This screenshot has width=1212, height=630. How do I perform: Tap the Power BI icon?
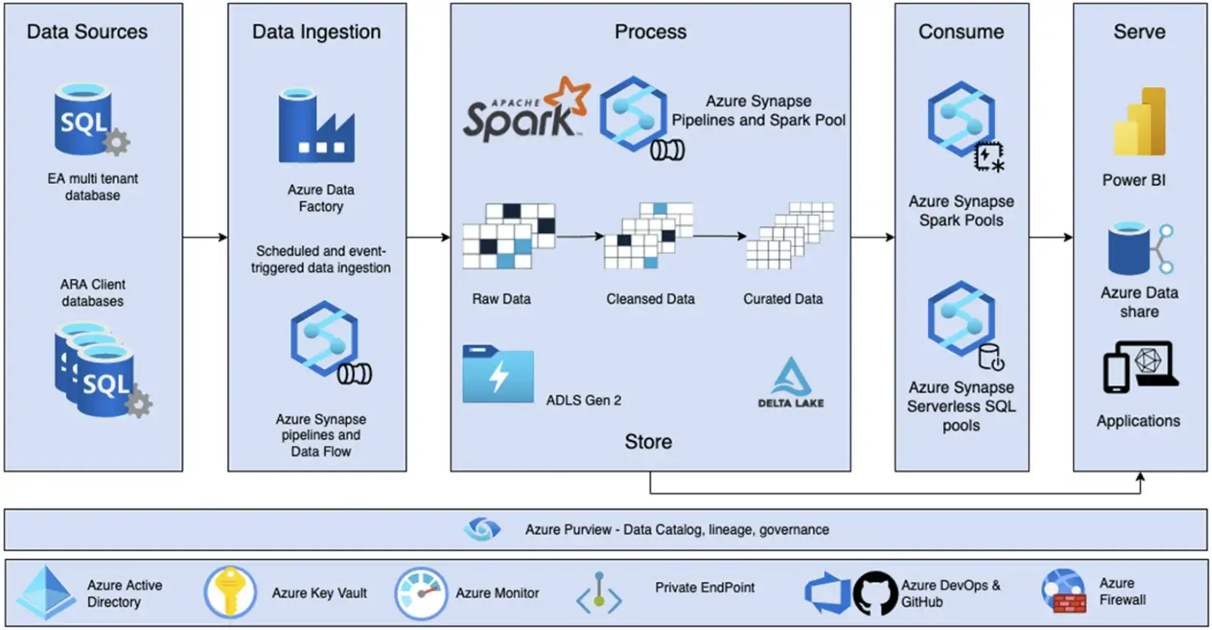(x=1139, y=122)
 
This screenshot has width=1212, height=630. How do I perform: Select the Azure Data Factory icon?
(x=316, y=127)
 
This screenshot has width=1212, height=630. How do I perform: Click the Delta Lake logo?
(x=791, y=383)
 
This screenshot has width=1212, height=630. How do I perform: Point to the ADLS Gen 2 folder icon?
(x=498, y=375)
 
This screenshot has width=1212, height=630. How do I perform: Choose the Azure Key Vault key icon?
(x=230, y=592)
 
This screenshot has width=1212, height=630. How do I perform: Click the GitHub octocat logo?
(x=875, y=593)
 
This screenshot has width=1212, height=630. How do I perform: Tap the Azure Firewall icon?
(x=1063, y=591)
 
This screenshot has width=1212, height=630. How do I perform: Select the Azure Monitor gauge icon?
(x=420, y=593)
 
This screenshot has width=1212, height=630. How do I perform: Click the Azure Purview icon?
(x=482, y=529)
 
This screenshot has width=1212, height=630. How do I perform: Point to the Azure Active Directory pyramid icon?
(x=47, y=592)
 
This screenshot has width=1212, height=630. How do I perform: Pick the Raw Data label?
(x=501, y=299)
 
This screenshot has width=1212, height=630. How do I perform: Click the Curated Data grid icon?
(x=789, y=236)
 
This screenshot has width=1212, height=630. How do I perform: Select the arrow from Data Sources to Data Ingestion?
(x=205, y=237)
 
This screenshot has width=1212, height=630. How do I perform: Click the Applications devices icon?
(x=1140, y=367)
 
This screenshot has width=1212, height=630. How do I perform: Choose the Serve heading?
(x=1139, y=32)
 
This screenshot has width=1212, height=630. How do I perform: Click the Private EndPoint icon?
(x=599, y=593)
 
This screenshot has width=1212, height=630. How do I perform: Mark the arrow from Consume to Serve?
(x=1051, y=237)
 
